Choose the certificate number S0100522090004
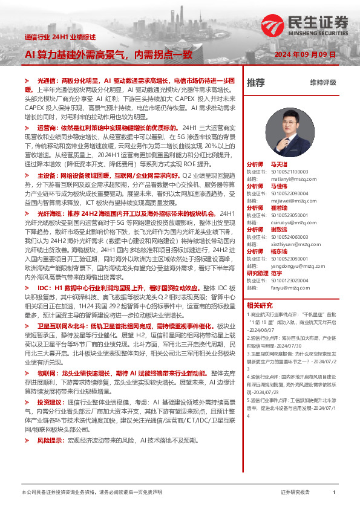290,192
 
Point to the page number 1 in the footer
334,493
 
